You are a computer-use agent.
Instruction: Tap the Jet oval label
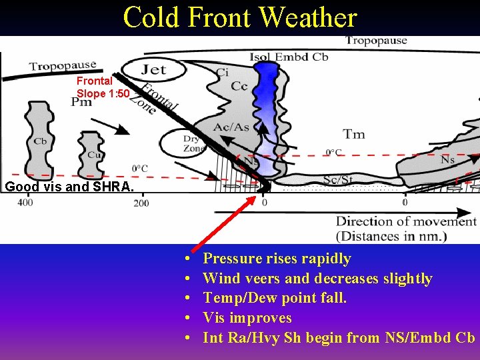point(154,69)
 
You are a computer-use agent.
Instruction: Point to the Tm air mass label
point(353,134)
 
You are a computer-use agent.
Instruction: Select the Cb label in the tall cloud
point(40,142)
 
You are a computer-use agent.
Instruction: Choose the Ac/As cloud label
point(231,127)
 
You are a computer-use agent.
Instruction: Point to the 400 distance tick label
point(25,202)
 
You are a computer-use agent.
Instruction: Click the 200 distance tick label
point(141,202)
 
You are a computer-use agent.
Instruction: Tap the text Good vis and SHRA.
point(69,187)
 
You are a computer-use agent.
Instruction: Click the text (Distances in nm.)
point(391,236)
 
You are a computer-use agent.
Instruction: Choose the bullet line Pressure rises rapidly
point(277,259)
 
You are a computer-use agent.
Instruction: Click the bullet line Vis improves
point(247,318)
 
